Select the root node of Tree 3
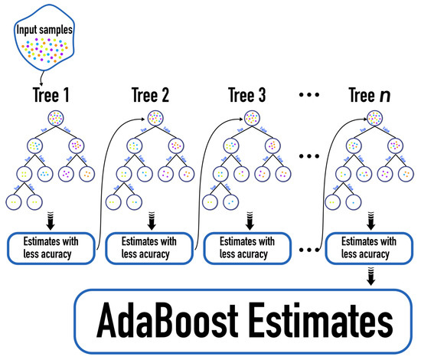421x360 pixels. pos(250,119)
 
